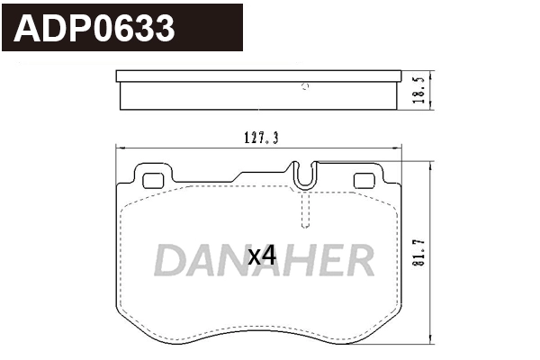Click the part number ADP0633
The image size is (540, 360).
coord(94,29)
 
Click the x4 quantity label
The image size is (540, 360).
coord(261,255)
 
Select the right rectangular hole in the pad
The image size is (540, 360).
coord(364,181)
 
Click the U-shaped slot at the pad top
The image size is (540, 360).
coord(306,174)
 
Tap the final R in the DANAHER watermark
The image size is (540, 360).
coord(357,260)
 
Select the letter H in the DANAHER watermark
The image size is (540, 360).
coord(298,260)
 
